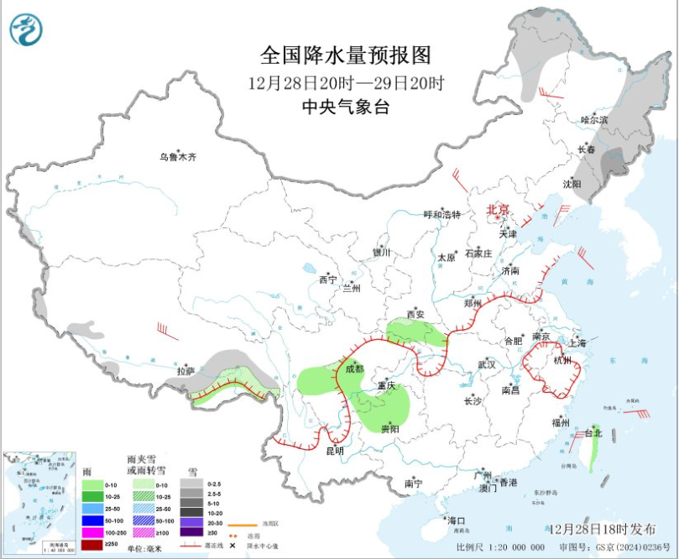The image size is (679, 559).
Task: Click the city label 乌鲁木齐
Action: tap(178, 157)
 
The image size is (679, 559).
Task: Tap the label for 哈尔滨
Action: tap(594, 120)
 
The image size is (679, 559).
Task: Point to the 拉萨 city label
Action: tap(185, 370)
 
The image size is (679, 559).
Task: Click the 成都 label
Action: tap(353, 369)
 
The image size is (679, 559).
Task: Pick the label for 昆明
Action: tap(334, 451)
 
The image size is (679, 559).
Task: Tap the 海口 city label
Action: tap(456, 521)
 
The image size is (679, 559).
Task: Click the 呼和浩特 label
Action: tap(441, 215)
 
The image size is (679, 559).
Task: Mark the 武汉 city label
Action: tap(487, 364)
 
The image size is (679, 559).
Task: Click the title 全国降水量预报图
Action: tap(345, 55)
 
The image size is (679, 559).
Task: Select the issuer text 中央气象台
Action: tap(345, 107)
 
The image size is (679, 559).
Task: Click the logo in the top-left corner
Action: tap(25, 29)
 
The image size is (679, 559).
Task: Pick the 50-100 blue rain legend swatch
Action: tap(93, 520)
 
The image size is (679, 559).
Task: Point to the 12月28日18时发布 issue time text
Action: tap(603, 529)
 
